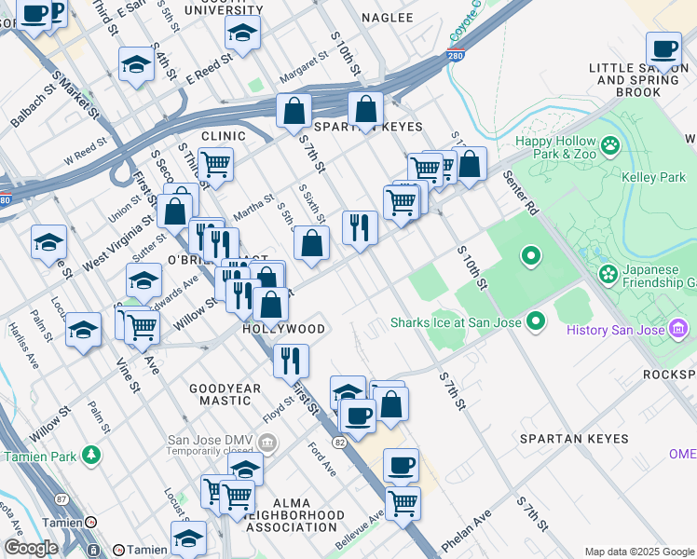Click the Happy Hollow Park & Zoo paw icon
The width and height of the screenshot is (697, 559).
point(610,144)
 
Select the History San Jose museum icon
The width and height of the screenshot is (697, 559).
point(677,329)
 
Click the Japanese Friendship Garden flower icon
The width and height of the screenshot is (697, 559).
point(608,274)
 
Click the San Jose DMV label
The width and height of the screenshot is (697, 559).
point(210,441)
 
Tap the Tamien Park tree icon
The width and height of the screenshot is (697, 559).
point(91,455)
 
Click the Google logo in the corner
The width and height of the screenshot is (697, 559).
point(31,548)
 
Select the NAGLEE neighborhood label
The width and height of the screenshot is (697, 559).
point(387,18)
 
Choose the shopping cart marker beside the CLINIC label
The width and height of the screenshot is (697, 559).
point(215,165)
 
